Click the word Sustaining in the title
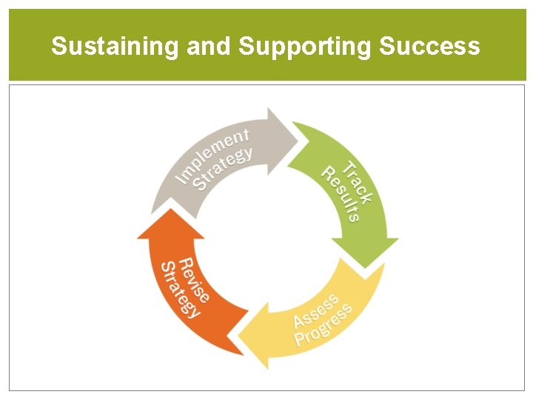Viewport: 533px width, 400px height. pyautogui.click(x=115, y=47)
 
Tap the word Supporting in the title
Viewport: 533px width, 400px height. pyautogui.click(x=305, y=47)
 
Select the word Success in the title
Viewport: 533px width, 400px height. pyautogui.click(x=429, y=47)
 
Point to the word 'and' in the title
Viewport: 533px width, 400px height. pyautogui.click(x=209, y=47)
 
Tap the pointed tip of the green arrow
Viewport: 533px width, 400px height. pyautogui.click(x=363, y=266)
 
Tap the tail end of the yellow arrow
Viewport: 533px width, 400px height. pyautogui.click(x=378, y=274)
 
